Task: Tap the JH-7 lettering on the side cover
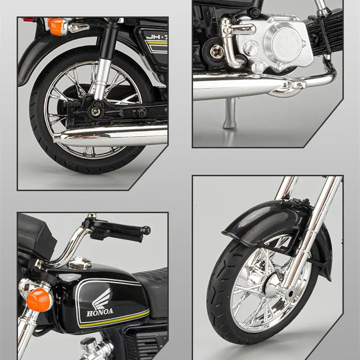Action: (156, 36)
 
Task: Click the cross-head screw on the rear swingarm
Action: (95, 111)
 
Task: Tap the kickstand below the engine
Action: (230, 113)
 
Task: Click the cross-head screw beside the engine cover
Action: (217, 51)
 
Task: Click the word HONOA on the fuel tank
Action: (100, 312)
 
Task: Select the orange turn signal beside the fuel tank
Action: (38, 299)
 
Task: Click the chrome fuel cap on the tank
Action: (80, 263)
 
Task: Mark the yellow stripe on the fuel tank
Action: (115, 319)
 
